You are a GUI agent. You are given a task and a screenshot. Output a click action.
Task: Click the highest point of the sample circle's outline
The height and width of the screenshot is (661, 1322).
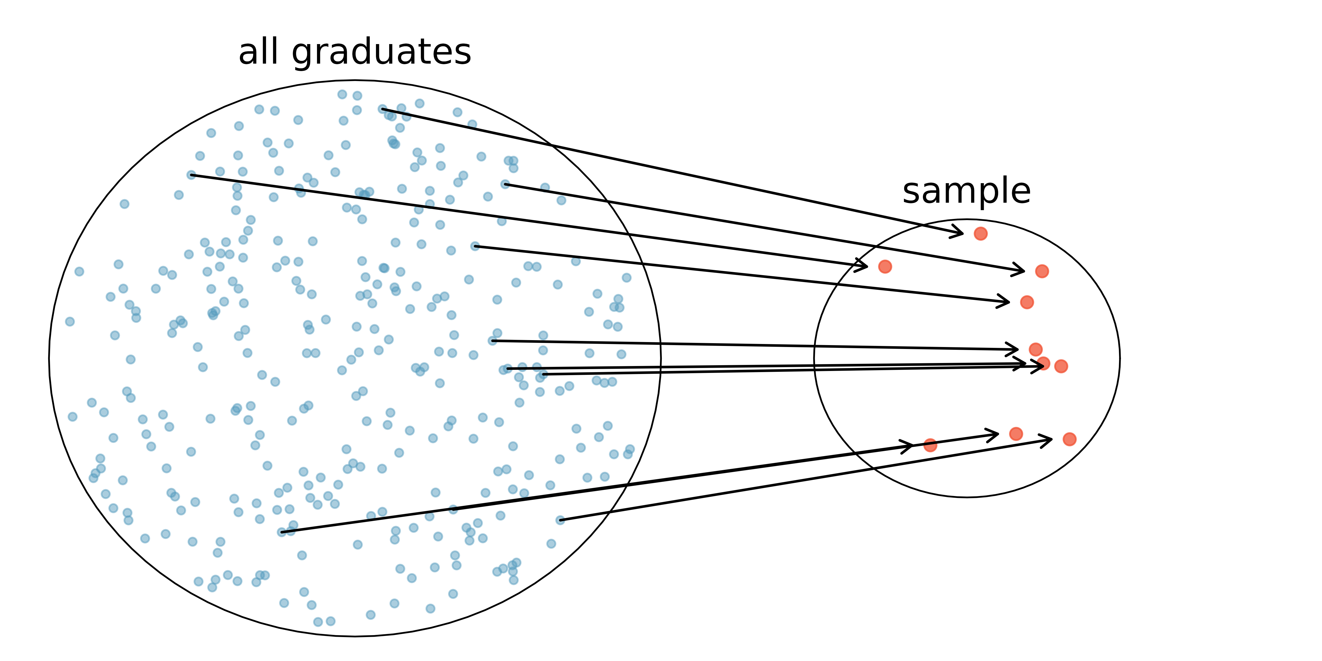(x=967, y=220)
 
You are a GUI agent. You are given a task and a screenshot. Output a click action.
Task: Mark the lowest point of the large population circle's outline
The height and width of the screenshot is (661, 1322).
(x=355, y=636)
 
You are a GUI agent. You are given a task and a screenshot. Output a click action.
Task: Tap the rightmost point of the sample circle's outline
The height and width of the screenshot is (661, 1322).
(x=1120, y=359)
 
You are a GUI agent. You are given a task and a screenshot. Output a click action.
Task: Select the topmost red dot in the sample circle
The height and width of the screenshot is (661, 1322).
(x=980, y=234)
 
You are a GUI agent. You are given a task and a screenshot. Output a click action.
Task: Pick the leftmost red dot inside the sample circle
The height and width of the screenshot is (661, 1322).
(x=885, y=266)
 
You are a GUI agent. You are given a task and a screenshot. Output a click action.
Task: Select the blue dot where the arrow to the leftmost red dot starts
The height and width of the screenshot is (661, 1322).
(x=191, y=175)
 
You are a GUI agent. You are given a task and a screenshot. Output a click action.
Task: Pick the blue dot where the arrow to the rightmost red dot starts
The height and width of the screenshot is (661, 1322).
(x=560, y=520)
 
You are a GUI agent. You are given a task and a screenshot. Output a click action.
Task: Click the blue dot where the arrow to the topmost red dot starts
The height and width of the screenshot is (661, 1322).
(x=382, y=109)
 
